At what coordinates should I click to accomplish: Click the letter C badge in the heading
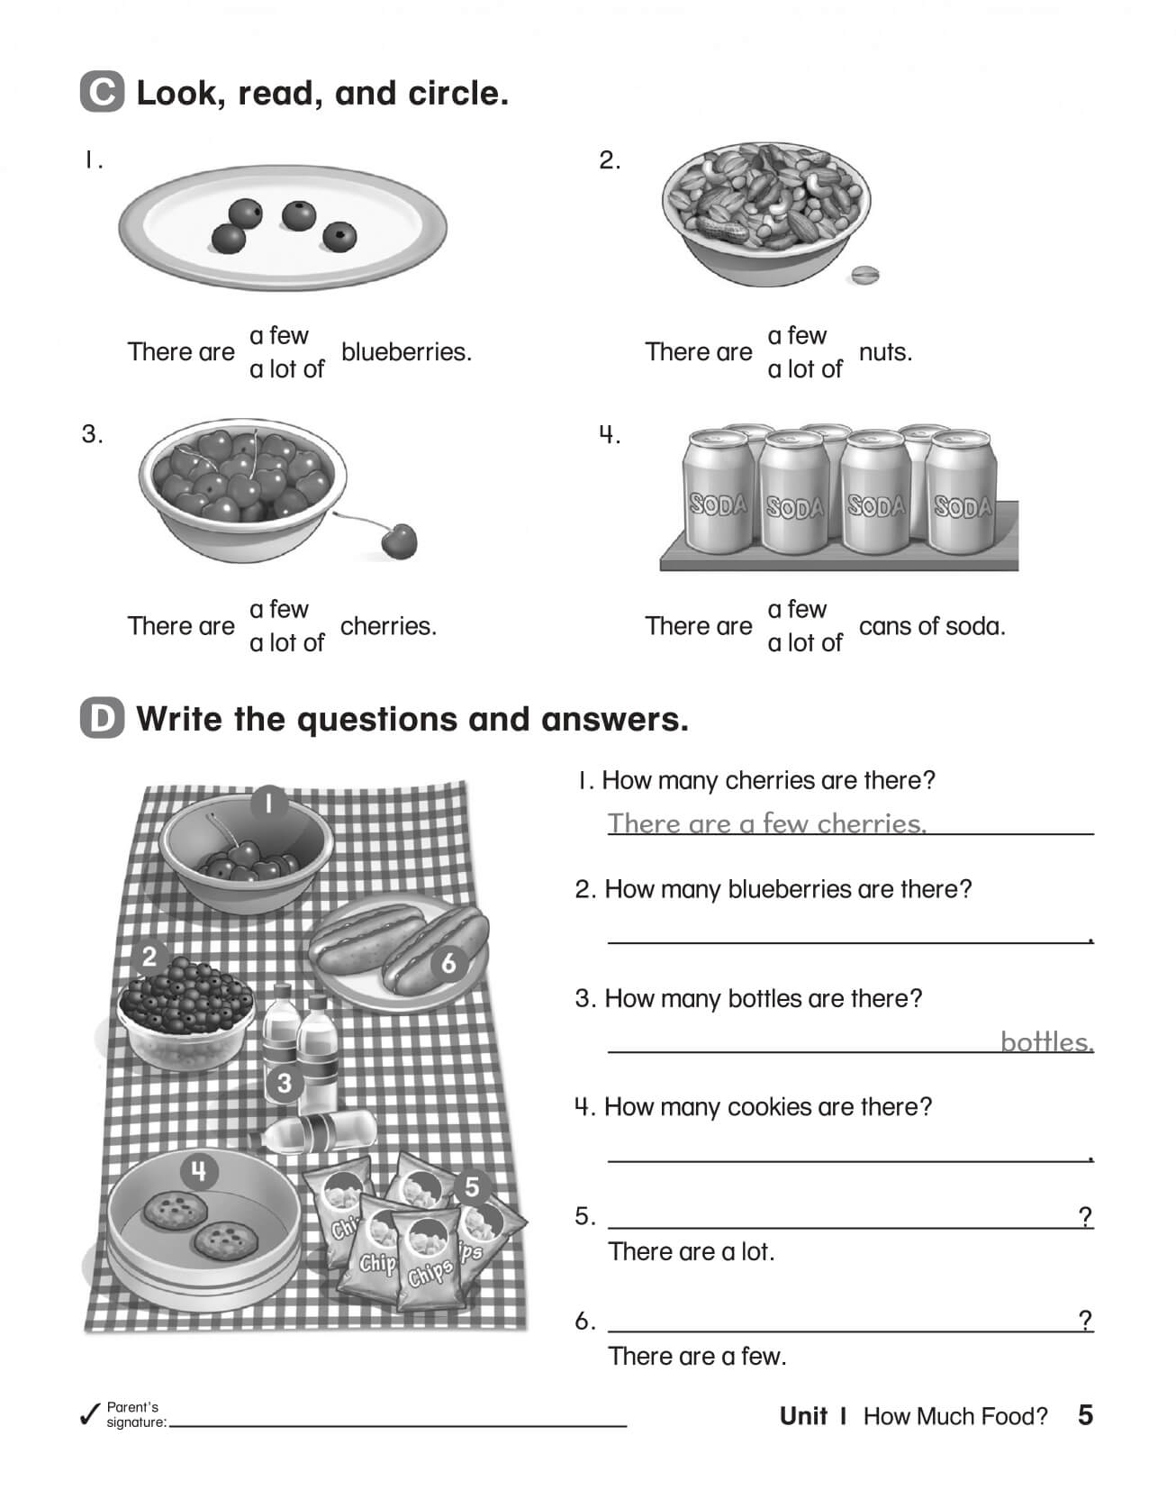pyautogui.click(x=102, y=93)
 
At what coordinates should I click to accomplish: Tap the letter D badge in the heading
pyautogui.click(x=102, y=719)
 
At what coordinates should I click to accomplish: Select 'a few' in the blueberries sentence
pyautogui.click(x=278, y=335)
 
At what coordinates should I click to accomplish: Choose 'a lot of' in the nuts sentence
pyautogui.click(x=804, y=369)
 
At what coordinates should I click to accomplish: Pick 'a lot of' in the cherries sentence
pyautogui.click(x=286, y=643)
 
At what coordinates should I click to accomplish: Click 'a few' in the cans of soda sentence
pyautogui.click(x=796, y=610)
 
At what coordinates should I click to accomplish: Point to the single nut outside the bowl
pyautogui.click(x=864, y=275)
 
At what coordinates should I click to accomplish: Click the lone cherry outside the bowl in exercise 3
pyautogui.click(x=399, y=541)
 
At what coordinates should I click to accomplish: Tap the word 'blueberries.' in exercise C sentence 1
pyautogui.click(x=406, y=352)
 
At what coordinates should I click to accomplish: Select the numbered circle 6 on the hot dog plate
pyautogui.click(x=448, y=964)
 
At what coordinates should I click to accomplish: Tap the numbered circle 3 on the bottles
pyautogui.click(x=284, y=1082)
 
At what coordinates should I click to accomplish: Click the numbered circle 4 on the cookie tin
pyautogui.click(x=199, y=1171)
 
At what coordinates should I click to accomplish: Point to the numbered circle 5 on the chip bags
pyautogui.click(x=472, y=1188)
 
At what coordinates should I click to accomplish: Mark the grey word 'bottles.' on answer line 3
pyautogui.click(x=1046, y=1042)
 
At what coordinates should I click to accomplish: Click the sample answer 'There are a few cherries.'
pyautogui.click(x=766, y=823)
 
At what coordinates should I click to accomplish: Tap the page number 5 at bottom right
pyautogui.click(x=1085, y=1415)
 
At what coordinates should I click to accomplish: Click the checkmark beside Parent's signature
pyautogui.click(x=89, y=1414)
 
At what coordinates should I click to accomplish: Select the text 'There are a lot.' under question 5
pyautogui.click(x=691, y=1252)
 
